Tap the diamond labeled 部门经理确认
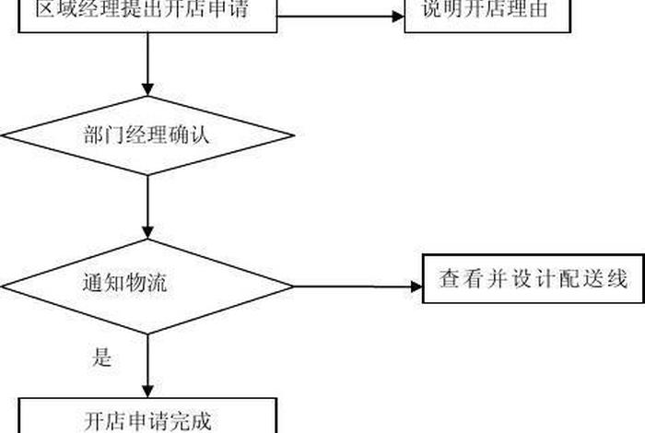tap(147, 136)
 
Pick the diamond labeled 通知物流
tap(147, 286)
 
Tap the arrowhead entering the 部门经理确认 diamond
tap(147, 89)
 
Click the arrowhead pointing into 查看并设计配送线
tap(415, 287)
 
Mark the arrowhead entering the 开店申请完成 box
tap(147, 391)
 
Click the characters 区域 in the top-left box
tap(53, 12)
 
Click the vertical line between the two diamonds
tap(147, 203)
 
